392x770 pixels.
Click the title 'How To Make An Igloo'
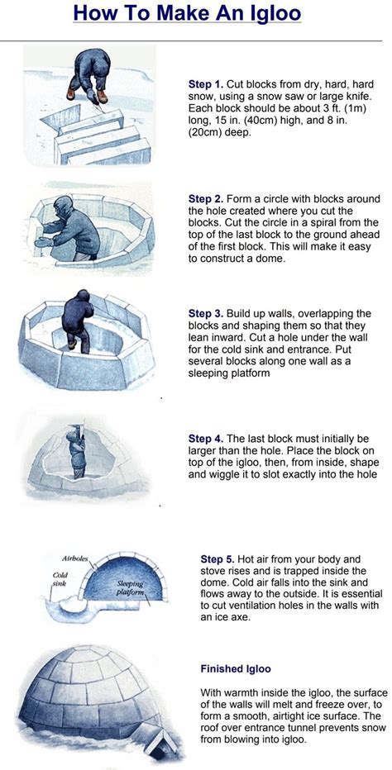click(x=187, y=14)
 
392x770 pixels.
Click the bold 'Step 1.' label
click(x=205, y=83)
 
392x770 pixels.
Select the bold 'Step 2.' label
click(x=205, y=199)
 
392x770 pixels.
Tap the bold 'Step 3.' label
click(x=205, y=315)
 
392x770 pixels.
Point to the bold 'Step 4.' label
click(x=205, y=438)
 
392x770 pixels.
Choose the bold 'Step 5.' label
click(x=217, y=558)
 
